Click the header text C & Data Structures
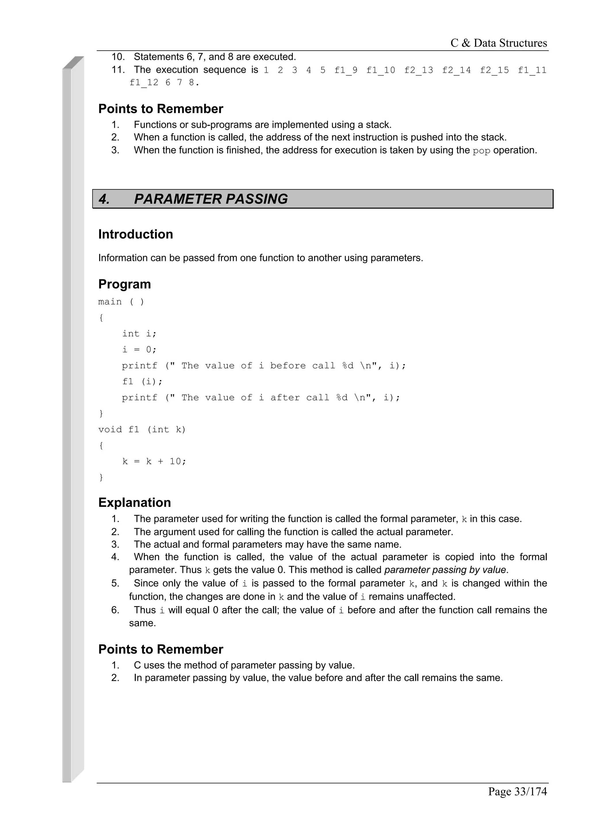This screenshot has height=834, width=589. (x=498, y=43)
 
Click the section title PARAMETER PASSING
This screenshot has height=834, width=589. (x=211, y=199)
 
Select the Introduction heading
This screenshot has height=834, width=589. (x=136, y=234)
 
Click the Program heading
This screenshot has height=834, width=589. (x=125, y=284)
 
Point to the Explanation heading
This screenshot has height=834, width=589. (x=135, y=502)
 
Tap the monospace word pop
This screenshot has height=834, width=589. (x=481, y=151)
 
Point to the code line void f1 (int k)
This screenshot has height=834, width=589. (x=142, y=429)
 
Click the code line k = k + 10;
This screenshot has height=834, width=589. (x=154, y=461)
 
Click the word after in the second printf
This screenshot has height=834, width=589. (x=285, y=397)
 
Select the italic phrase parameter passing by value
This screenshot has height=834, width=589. (x=445, y=570)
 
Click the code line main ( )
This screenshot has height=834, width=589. (x=121, y=302)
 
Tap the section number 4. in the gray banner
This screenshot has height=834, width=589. (x=104, y=199)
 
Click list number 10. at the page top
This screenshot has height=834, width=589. (x=118, y=57)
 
